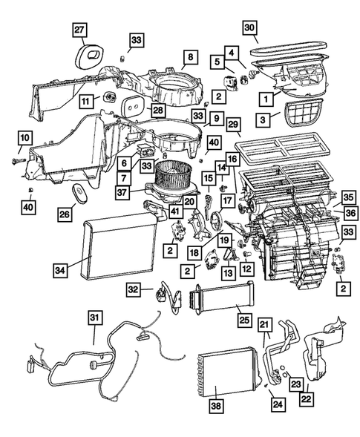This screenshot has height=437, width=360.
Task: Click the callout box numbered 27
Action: pos(79,30)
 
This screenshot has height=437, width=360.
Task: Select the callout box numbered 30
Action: pos(250,29)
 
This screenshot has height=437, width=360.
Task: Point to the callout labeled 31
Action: pos(94,318)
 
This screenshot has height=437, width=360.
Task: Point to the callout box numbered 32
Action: pos(132,289)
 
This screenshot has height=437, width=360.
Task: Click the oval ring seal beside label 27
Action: pos(92,54)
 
